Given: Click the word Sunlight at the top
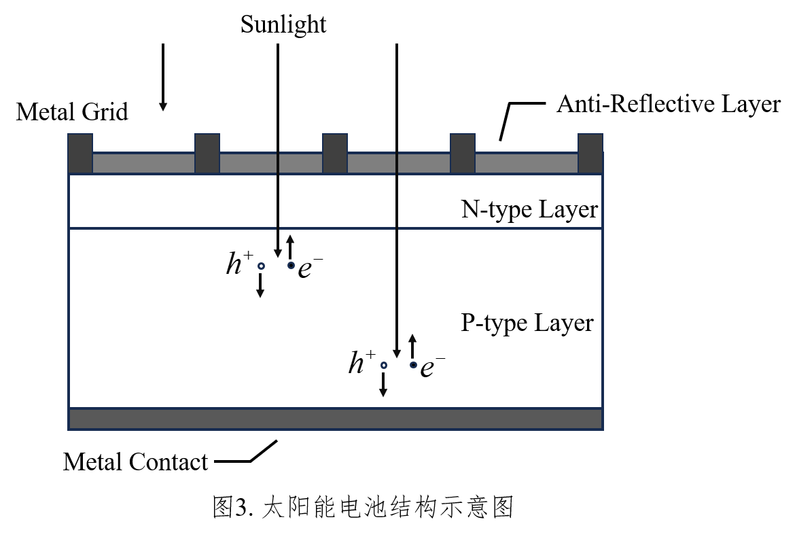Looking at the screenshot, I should [x=283, y=25].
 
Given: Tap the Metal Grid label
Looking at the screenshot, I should [x=72, y=111].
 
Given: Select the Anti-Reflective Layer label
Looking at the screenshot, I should [x=669, y=104].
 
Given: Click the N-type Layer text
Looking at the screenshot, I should [x=530, y=209].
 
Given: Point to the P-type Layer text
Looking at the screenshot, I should [x=527, y=322].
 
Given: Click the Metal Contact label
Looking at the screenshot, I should [x=135, y=462].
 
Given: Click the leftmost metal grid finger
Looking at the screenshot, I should [x=80, y=153].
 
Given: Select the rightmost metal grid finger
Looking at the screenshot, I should [x=590, y=153].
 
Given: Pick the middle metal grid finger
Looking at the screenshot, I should [x=334, y=153].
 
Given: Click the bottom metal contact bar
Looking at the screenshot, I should [x=336, y=419].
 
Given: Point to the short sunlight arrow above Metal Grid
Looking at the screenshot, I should [x=162, y=75].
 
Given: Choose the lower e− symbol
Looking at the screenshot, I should [x=432, y=368].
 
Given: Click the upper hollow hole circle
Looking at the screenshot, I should [x=260, y=266].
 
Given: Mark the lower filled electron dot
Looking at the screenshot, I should [x=413, y=365].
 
